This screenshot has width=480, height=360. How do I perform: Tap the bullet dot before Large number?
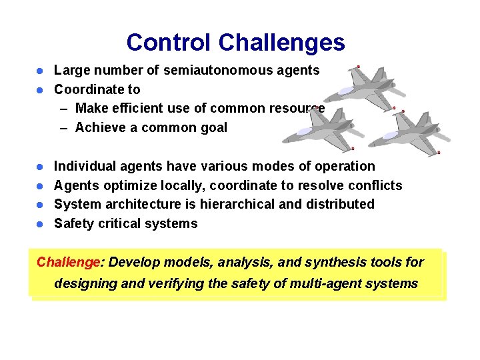coord(40,71)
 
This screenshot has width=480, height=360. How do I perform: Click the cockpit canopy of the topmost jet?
coord(347,91)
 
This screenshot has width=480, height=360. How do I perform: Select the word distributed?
coord(341,204)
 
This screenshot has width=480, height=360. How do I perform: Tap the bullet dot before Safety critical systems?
coord(40,223)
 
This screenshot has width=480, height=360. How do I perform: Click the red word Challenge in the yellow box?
coord(67,261)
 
